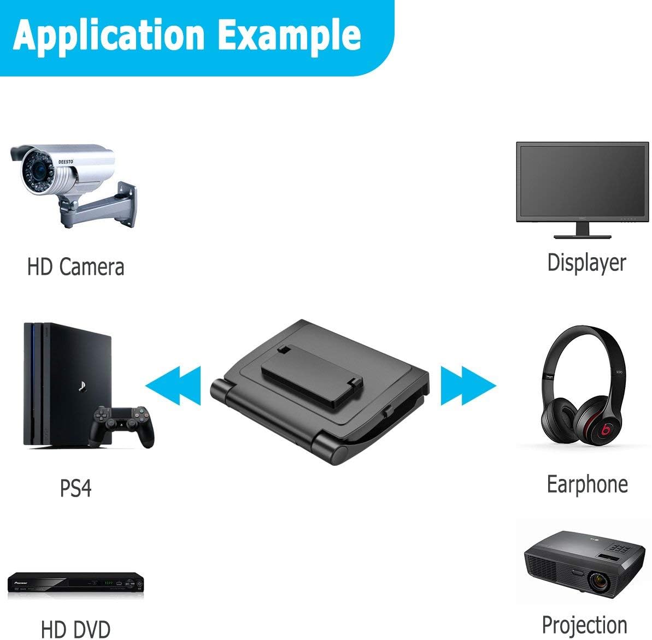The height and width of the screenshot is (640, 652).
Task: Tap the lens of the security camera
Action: click(38, 170)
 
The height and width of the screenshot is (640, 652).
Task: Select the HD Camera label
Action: click(75, 267)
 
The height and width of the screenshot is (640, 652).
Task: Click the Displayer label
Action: click(586, 263)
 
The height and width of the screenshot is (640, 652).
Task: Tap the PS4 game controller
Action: click(122, 425)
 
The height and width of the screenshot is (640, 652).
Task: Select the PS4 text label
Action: click(75, 488)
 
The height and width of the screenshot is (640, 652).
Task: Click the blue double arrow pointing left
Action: click(173, 386)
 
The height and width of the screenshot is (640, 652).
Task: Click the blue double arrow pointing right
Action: click(468, 386)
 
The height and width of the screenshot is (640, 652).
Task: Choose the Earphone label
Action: click(587, 484)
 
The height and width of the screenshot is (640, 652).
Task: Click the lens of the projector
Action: click(599, 580)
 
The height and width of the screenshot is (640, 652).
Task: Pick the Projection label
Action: click(585, 625)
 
